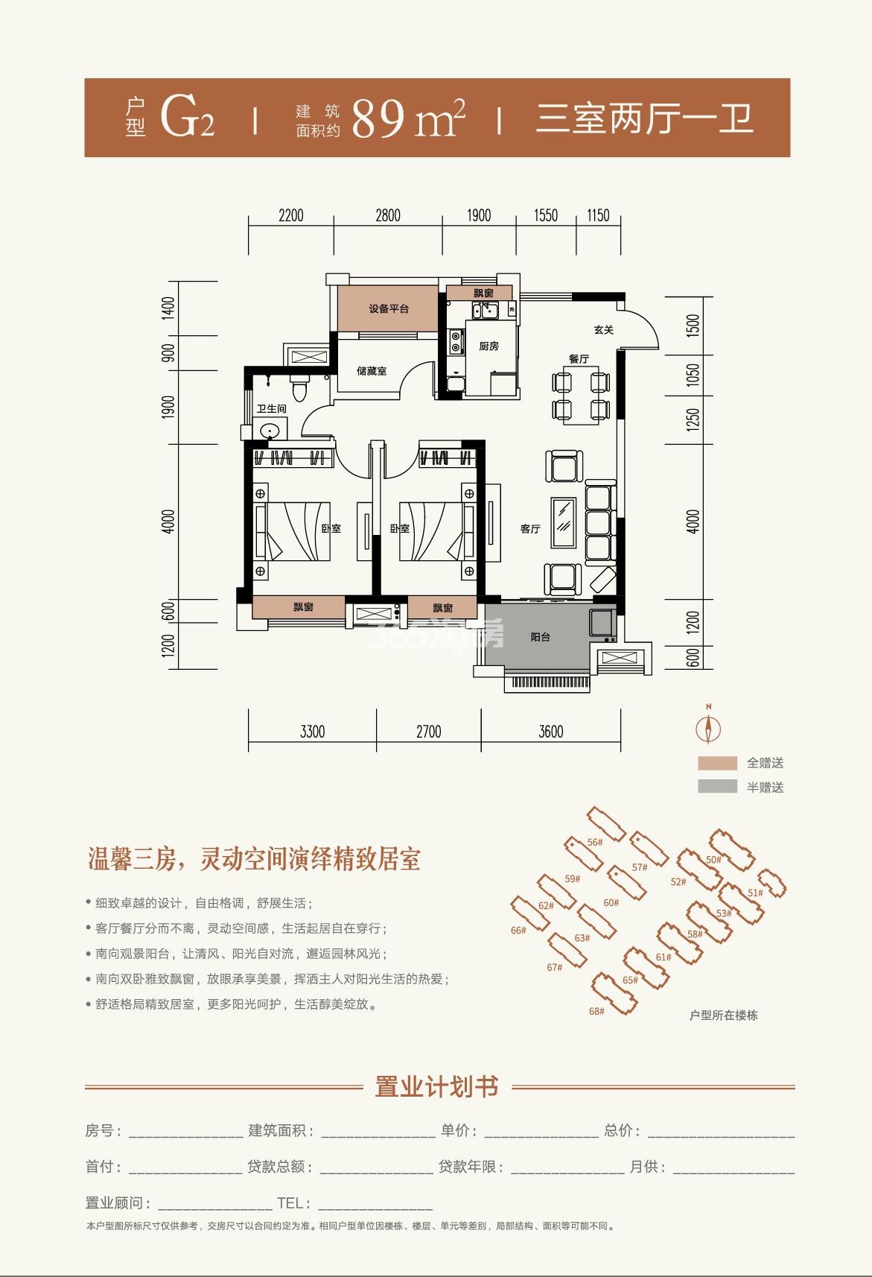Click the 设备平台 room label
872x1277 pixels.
pos(389,309)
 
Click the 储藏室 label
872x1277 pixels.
pos(372,371)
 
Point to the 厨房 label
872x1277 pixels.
pos(488,346)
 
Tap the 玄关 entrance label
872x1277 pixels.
pos(603,329)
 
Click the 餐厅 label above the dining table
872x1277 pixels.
pos(579,358)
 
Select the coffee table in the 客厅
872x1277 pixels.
pos(564,523)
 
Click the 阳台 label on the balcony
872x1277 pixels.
pos(541,637)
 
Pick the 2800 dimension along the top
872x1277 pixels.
pos(388,215)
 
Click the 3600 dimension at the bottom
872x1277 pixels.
pos(550,732)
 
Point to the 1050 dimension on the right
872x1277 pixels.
pos(693,375)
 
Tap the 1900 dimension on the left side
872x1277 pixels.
pos(168,407)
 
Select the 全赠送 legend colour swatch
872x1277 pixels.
pos(718,764)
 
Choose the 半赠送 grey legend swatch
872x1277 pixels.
pos(718,787)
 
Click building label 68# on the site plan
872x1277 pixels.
pos(596,1011)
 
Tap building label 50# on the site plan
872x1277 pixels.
pos(713,860)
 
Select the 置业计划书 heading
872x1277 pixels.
pos(436,1086)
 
